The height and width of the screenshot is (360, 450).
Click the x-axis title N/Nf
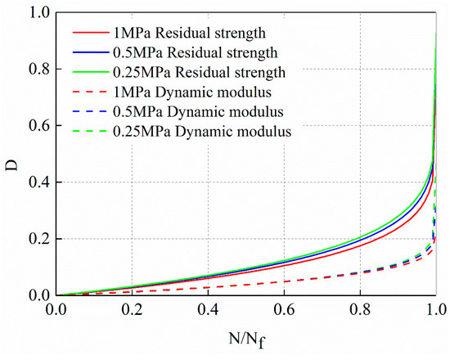click(246, 339)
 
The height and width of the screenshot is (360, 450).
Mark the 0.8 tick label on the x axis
click(360, 311)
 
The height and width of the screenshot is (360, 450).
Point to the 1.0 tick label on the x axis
click(435, 311)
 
